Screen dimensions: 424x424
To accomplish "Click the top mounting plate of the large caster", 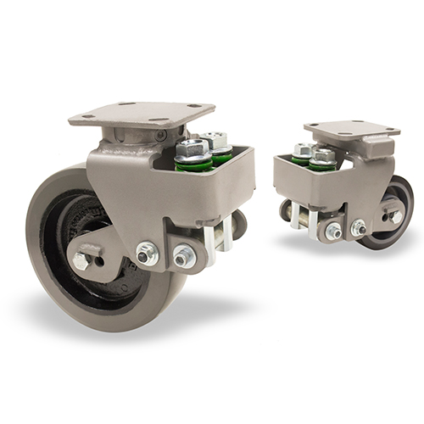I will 140,114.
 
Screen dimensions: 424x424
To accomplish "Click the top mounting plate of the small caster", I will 352,129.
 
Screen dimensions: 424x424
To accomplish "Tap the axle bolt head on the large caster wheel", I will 81,261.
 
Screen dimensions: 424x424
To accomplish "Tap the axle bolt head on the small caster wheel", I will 396,216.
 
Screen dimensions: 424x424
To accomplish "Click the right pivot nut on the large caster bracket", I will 183,254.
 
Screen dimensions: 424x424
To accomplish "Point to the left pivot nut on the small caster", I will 333,231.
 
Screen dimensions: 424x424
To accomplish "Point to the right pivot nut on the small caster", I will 359,227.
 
